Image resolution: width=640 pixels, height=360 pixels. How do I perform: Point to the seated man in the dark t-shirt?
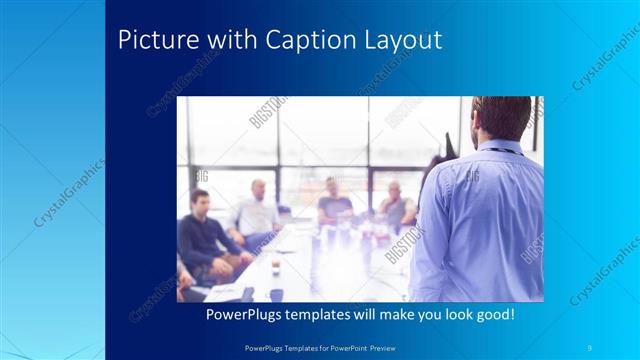334,205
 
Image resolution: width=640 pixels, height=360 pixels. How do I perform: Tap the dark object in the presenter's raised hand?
447,146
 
